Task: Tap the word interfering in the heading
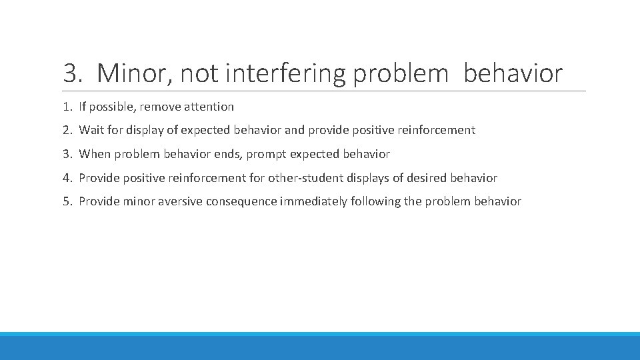pyautogui.click(x=285, y=73)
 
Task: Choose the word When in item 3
pyautogui.click(x=94, y=154)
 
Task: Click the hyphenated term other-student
pyautogui.click(x=306, y=178)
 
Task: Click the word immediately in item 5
pyautogui.click(x=313, y=201)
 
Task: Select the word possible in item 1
pyautogui.click(x=113, y=107)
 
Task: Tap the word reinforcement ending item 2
pyautogui.click(x=437, y=130)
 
